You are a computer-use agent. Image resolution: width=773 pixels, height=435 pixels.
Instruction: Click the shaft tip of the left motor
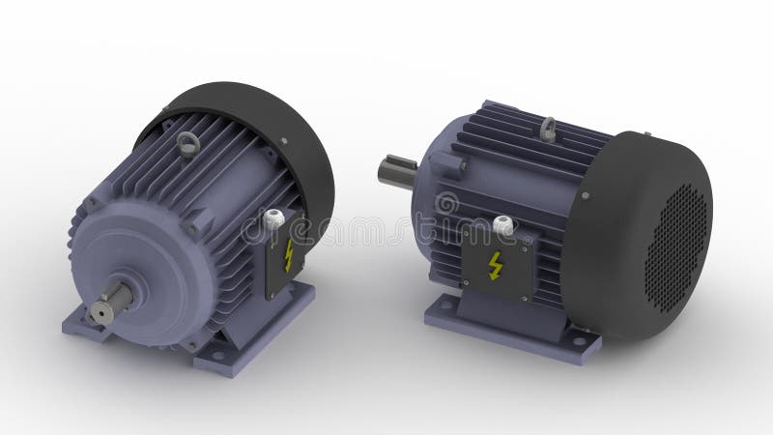pos(100,311)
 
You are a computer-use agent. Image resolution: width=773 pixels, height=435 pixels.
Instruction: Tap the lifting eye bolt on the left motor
pos(186,146)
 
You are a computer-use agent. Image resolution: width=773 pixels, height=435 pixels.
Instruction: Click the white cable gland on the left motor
pos(273,217)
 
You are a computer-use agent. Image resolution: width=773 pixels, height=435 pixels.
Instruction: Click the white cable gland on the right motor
pos(501,226)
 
